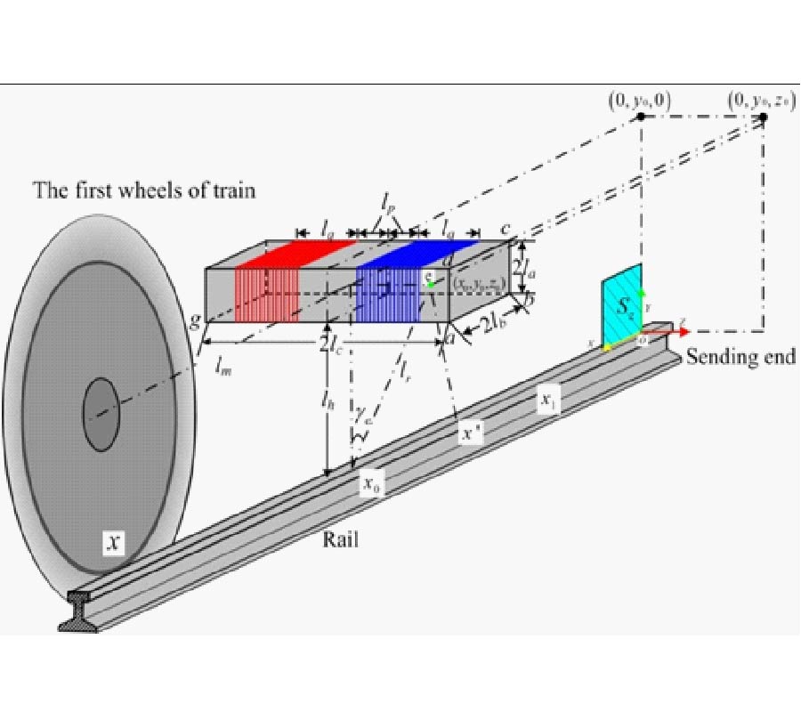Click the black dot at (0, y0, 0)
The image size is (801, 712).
click(641, 117)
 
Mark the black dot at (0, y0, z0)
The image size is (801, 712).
click(762, 117)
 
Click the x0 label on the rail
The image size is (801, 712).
click(372, 484)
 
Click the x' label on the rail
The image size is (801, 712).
click(469, 434)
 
